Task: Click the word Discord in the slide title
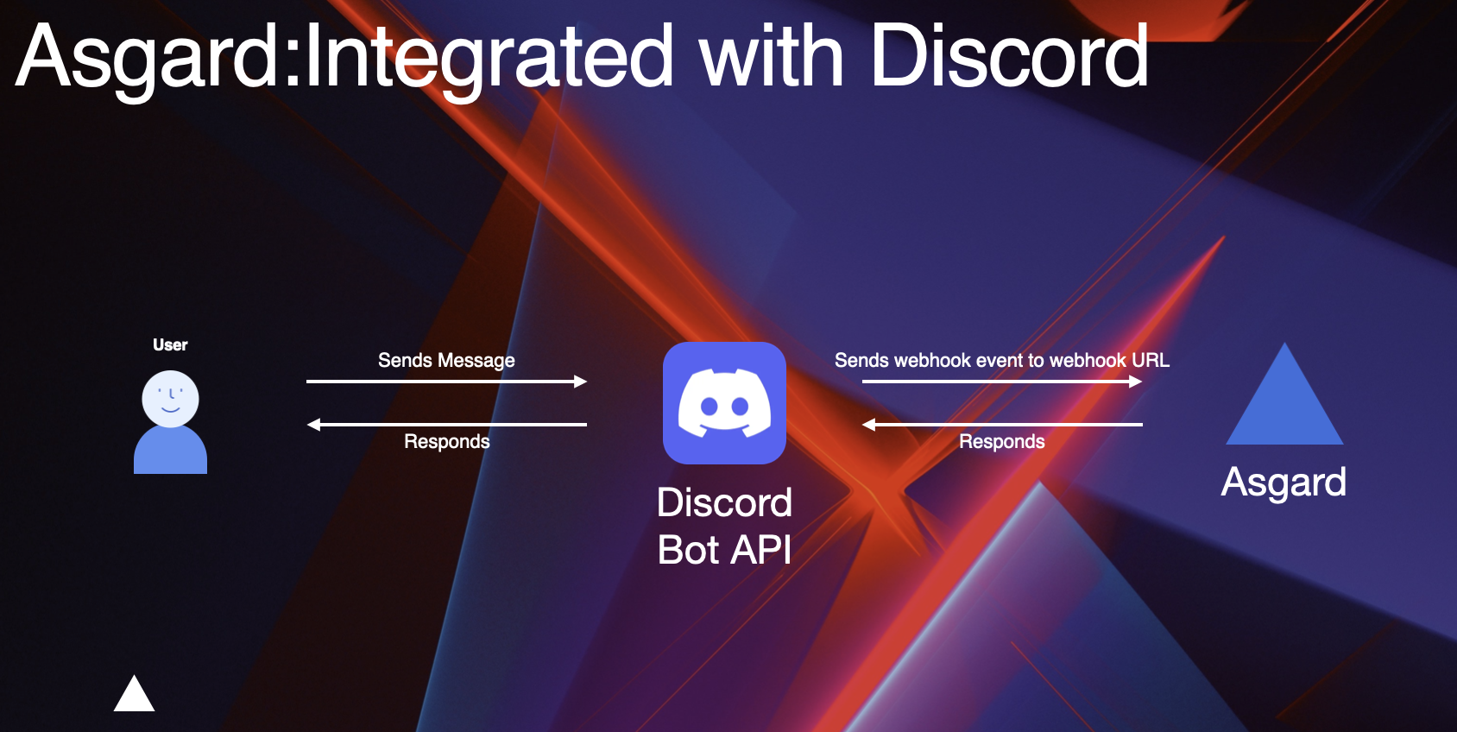tap(1010, 56)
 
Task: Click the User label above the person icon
tap(170, 345)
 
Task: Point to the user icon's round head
tap(170, 399)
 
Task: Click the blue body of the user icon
tap(170, 451)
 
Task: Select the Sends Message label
tap(446, 361)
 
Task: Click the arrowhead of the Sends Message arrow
tap(580, 382)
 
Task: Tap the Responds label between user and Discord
tap(447, 441)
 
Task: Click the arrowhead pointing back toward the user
tap(313, 424)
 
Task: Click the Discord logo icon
tap(724, 403)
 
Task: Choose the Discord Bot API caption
tap(724, 527)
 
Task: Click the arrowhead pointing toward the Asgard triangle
tap(1136, 382)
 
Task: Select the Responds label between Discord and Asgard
tap(1001, 441)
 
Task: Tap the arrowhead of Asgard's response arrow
tap(869, 424)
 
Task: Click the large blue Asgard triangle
tap(1284, 407)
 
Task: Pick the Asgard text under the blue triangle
tap(1284, 483)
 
